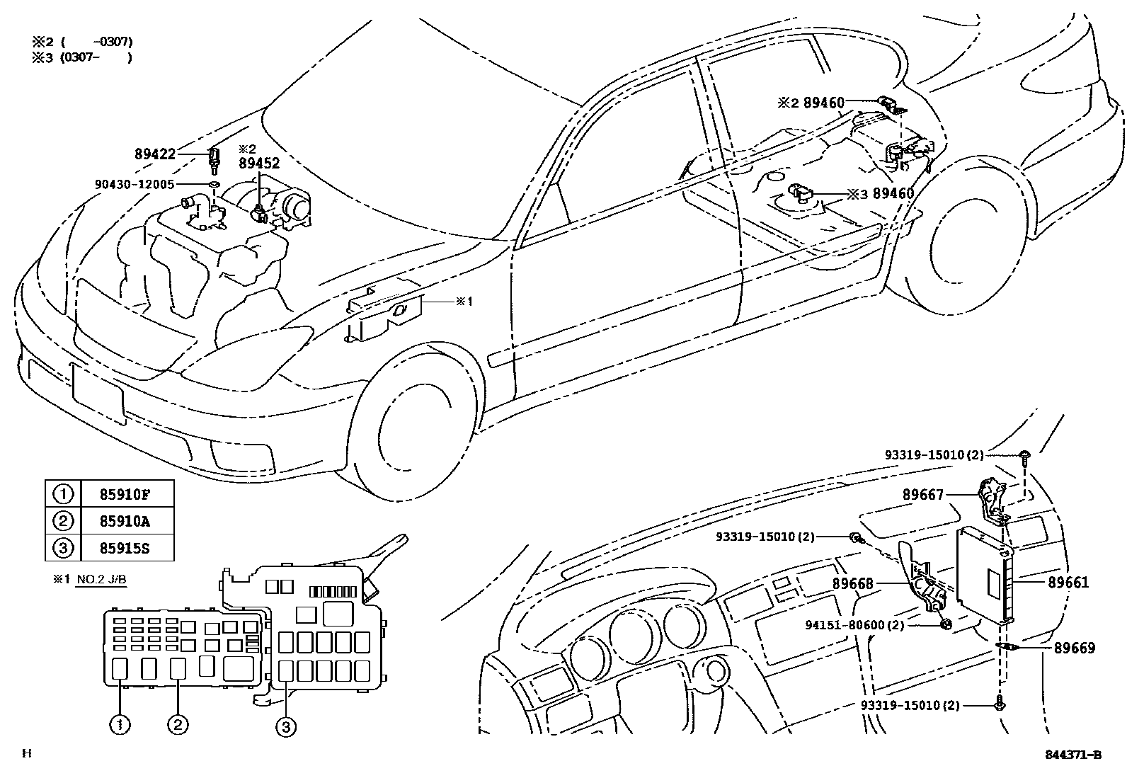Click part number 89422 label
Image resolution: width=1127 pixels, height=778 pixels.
[155, 153]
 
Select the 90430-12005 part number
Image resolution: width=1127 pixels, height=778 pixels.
[135, 184]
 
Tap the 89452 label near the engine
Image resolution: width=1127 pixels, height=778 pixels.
[258, 163]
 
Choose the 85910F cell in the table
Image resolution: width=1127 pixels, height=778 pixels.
[127, 493]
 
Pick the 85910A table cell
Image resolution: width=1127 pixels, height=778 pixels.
[127, 521]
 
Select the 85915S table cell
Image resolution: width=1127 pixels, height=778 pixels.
[127, 548]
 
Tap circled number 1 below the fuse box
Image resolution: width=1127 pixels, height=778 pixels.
[120, 724]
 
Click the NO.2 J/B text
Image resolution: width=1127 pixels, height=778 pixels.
[101, 579]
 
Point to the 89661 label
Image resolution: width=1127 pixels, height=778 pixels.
[1068, 583]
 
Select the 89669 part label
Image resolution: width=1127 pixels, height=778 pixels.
[1074, 648]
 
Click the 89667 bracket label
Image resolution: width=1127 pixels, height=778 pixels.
[923, 495]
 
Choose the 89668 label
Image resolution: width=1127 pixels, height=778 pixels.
[853, 584]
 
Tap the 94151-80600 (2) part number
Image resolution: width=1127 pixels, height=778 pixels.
[854, 625]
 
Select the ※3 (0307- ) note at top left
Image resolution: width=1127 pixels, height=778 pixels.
[81, 57]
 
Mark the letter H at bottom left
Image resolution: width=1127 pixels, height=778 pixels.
[26, 753]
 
